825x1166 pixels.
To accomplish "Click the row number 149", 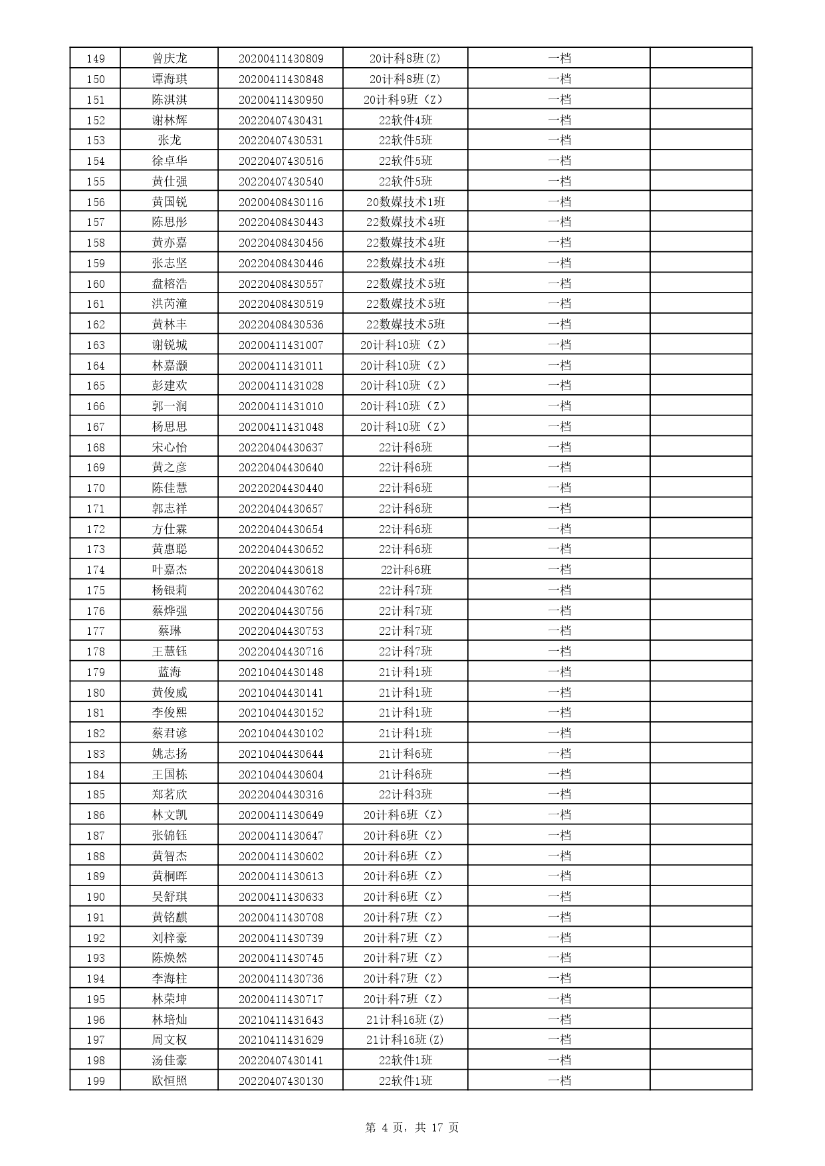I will (x=96, y=58).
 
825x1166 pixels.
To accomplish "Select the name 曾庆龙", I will (x=170, y=58).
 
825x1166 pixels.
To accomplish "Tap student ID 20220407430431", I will (x=281, y=120).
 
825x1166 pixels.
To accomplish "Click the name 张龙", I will (x=170, y=140).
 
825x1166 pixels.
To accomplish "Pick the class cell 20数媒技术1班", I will (x=406, y=202).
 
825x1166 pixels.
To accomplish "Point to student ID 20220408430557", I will (x=281, y=284).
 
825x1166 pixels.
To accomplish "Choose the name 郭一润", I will (x=170, y=406).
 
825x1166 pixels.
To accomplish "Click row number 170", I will (x=96, y=488).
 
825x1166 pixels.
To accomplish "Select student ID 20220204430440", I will (x=281, y=488).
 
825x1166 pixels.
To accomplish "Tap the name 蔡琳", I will (x=170, y=631).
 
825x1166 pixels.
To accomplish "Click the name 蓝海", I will (x=170, y=672).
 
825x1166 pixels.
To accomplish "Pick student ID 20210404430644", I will (x=281, y=754).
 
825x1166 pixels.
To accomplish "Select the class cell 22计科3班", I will (x=406, y=794).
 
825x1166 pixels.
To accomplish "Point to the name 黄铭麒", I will (x=170, y=917).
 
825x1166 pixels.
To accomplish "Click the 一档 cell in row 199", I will (x=559, y=1081).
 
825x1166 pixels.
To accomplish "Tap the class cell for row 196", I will (x=406, y=1020).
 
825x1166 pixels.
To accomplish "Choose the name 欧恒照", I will (x=170, y=1081).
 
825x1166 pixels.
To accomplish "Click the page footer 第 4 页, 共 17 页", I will (x=412, y=1127).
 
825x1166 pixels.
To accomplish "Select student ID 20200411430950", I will (x=281, y=100).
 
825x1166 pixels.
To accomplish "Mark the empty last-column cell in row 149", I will (x=701, y=58).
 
